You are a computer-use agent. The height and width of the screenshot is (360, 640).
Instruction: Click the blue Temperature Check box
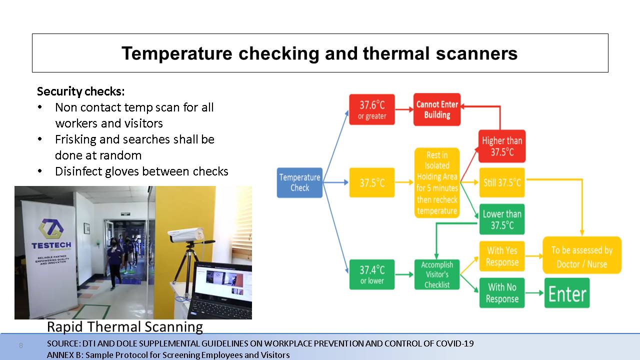click(299, 182)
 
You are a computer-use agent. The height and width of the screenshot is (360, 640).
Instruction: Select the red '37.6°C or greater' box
click(372, 109)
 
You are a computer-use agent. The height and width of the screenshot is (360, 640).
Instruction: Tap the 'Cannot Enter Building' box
click(437, 109)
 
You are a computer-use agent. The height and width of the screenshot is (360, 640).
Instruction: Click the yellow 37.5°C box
click(372, 182)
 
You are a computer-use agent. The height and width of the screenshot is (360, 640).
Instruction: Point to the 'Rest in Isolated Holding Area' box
click(437, 183)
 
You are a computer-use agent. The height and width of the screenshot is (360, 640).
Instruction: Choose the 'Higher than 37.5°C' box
click(502, 146)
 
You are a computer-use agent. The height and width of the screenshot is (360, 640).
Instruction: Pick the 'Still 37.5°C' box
click(502, 182)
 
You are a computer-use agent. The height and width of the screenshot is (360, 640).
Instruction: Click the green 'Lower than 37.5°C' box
click(502, 219)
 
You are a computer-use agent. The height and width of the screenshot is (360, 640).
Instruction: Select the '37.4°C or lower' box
click(372, 274)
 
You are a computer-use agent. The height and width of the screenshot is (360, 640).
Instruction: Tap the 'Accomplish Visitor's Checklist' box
click(437, 274)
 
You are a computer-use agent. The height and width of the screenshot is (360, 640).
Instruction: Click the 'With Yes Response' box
click(502, 256)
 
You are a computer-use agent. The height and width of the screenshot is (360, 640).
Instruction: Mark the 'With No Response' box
click(502, 293)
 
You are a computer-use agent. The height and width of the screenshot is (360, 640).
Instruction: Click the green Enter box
click(567, 293)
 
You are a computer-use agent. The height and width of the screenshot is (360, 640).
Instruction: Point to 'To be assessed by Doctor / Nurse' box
click(582, 255)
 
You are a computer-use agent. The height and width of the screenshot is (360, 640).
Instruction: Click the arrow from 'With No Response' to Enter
click(534, 293)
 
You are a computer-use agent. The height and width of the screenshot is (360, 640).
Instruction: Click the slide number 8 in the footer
click(21, 345)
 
